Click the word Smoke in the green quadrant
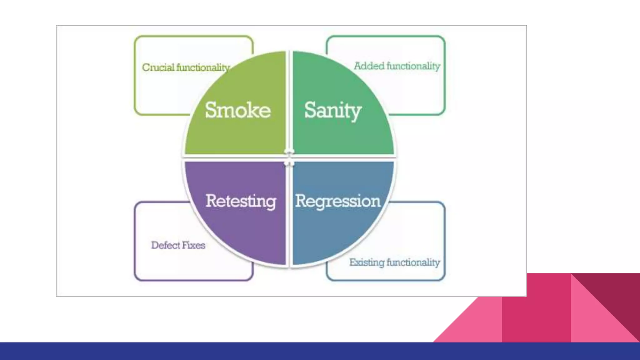pyautogui.click(x=238, y=110)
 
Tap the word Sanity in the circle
pyautogui.click(x=333, y=110)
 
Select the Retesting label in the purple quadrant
pyautogui.click(x=241, y=201)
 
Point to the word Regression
pyautogui.click(x=338, y=201)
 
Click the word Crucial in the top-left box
pyautogui.click(x=158, y=67)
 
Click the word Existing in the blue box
pyautogui.click(x=367, y=262)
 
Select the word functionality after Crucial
pyautogui.click(x=203, y=67)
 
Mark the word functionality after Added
pyautogui.click(x=413, y=66)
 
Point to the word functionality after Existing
pyautogui.click(x=413, y=262)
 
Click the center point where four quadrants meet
pyautogui.click(x=289, y=158)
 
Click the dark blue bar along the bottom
pyautogui.click(x=320, y=351)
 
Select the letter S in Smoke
pyautogui.click(x=212, y=110)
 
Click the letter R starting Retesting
pyautogui.click(x=212, y=201)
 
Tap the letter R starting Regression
pyautogui.click(x=302, y=201)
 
